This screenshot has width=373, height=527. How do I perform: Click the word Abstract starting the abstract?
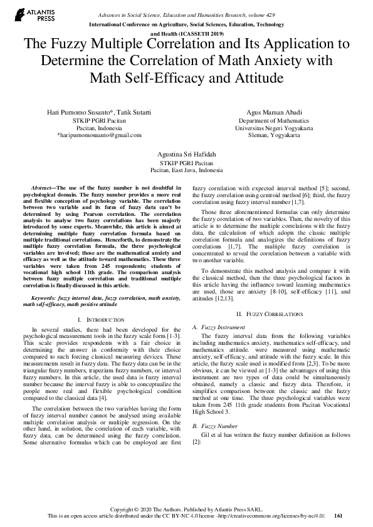pos(43,188)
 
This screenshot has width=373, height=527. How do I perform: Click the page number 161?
pos(339,516)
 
